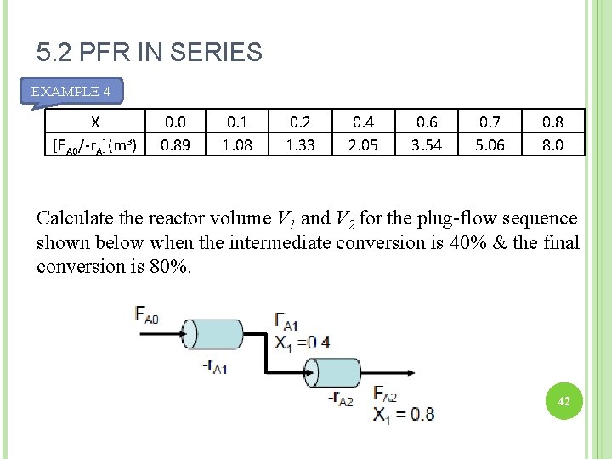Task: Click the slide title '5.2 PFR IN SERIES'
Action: [x=150, y=54]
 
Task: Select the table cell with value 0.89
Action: [x=175, y=144]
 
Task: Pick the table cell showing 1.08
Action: [x=237, y=144]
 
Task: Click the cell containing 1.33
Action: [x=300, y=144]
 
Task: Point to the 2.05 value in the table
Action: [x=363, y=144]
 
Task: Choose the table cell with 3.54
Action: [x=427, y=144]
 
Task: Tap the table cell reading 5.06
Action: [x=490, y=144]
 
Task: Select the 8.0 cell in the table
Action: [x=552, y=144]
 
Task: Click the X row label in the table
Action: [x=95, y=121]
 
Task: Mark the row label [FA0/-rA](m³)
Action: [x=95, y=144]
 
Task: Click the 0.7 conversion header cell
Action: [x=490, y=121]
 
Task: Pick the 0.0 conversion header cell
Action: [x=175, y=121]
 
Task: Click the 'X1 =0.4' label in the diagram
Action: [x=302, y=342]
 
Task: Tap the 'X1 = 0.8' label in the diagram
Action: [x=404, y=414]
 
